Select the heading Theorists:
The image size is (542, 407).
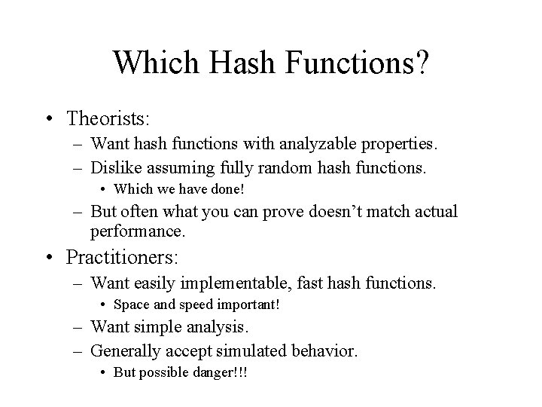(x=108, y=118)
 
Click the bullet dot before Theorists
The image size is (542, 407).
(x=49, y=119)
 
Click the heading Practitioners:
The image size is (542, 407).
(x=122, y=257)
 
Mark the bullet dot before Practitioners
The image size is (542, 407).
(x=49, y=258)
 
